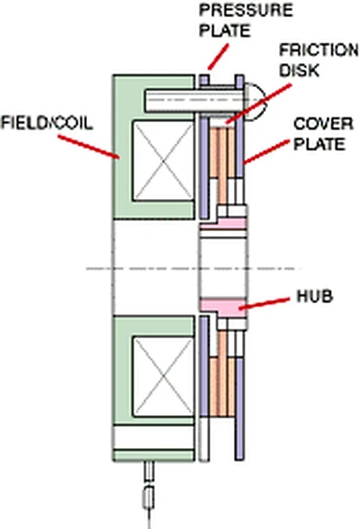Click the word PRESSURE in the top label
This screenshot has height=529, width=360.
coord(245,10)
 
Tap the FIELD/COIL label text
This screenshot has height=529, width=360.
coord(47,123)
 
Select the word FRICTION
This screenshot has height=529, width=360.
coord(319,50)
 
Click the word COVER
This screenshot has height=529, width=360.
coord(323,124)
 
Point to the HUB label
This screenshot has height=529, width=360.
coord(315,296)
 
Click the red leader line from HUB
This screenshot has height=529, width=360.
coord(264,303)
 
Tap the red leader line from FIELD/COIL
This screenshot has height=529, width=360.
coord(88,146)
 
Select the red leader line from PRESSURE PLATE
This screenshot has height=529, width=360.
coord(218,57)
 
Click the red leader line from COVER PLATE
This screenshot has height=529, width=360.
coord(266,152)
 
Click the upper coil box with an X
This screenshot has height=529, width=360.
coord(163,161)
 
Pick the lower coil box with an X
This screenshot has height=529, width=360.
coord(163,377)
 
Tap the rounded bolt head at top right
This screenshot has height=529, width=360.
coord(256,101)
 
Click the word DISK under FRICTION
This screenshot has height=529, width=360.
coord(299,71)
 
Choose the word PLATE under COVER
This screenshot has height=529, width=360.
coord(320,144)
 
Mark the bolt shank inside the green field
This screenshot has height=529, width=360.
coord(170,101)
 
